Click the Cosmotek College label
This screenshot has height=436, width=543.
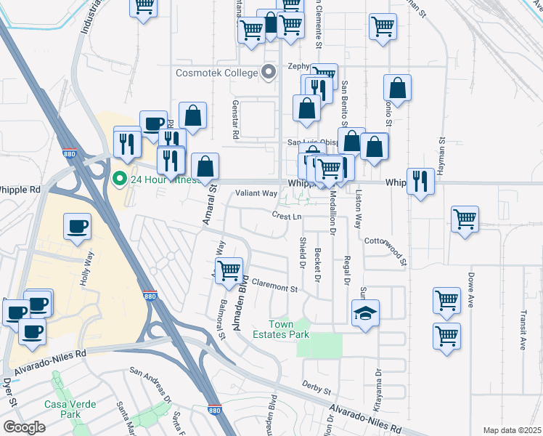[x=216, y=73]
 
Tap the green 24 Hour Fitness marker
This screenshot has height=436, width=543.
[x=119, y=177]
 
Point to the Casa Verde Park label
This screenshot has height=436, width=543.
[x=61, y=409]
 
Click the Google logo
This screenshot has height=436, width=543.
[x=25, y=427]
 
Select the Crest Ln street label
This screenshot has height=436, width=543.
[x=287, y=216]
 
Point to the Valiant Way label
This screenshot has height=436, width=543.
[x=256, y=193]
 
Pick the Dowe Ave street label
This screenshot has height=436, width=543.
[x=471, y=289]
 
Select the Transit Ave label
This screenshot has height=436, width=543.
[x=523, y=331]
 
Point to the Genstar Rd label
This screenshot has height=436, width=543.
[x=236, y=120]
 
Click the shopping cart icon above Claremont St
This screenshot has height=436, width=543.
[x=229, y=270]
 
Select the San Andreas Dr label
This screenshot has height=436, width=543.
[x=150, y=384]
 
